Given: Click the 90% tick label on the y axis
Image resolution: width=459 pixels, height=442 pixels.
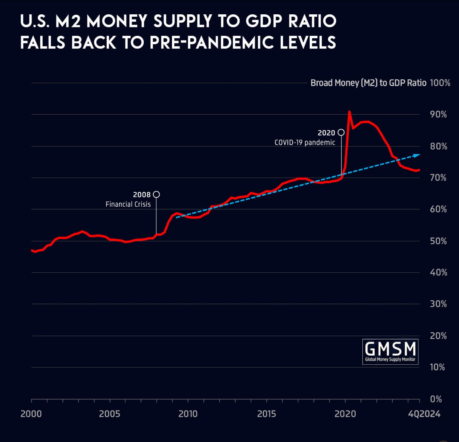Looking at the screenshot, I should [438, 115].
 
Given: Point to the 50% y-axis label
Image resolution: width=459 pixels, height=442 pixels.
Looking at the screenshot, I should [438, 241].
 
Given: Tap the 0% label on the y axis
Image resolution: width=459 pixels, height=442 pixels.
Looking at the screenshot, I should [436, 399].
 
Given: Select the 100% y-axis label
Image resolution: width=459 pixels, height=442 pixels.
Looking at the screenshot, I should [440, 83].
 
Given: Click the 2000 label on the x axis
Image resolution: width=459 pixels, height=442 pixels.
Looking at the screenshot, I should [31, 414].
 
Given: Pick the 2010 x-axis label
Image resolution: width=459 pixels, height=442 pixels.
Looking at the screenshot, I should [188, 414].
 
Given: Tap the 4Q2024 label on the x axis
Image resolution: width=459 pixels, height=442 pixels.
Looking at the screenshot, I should [424, 414].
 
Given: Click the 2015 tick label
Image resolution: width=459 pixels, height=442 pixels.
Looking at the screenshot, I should [266, 414].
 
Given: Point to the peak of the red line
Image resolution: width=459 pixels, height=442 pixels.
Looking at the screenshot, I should [349, 112].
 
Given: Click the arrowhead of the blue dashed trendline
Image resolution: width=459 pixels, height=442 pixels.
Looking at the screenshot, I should [417, 155].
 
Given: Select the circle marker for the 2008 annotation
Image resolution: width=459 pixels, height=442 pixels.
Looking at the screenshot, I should [156, 194].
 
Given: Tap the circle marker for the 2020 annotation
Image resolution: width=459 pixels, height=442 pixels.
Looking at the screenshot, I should [341, 132].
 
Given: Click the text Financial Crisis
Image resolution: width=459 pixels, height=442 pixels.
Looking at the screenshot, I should [128, 204].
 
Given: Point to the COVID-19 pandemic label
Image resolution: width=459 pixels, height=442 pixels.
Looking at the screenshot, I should [305, 143].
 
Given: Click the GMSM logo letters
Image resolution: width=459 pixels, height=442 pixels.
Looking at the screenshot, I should [390, 349].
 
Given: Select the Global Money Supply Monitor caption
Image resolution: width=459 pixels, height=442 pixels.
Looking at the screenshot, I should [390, 359].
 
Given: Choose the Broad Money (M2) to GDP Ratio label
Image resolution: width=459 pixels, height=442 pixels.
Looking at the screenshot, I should [368, 83].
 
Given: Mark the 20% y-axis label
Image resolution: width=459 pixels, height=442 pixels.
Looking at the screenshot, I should [438, 336].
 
